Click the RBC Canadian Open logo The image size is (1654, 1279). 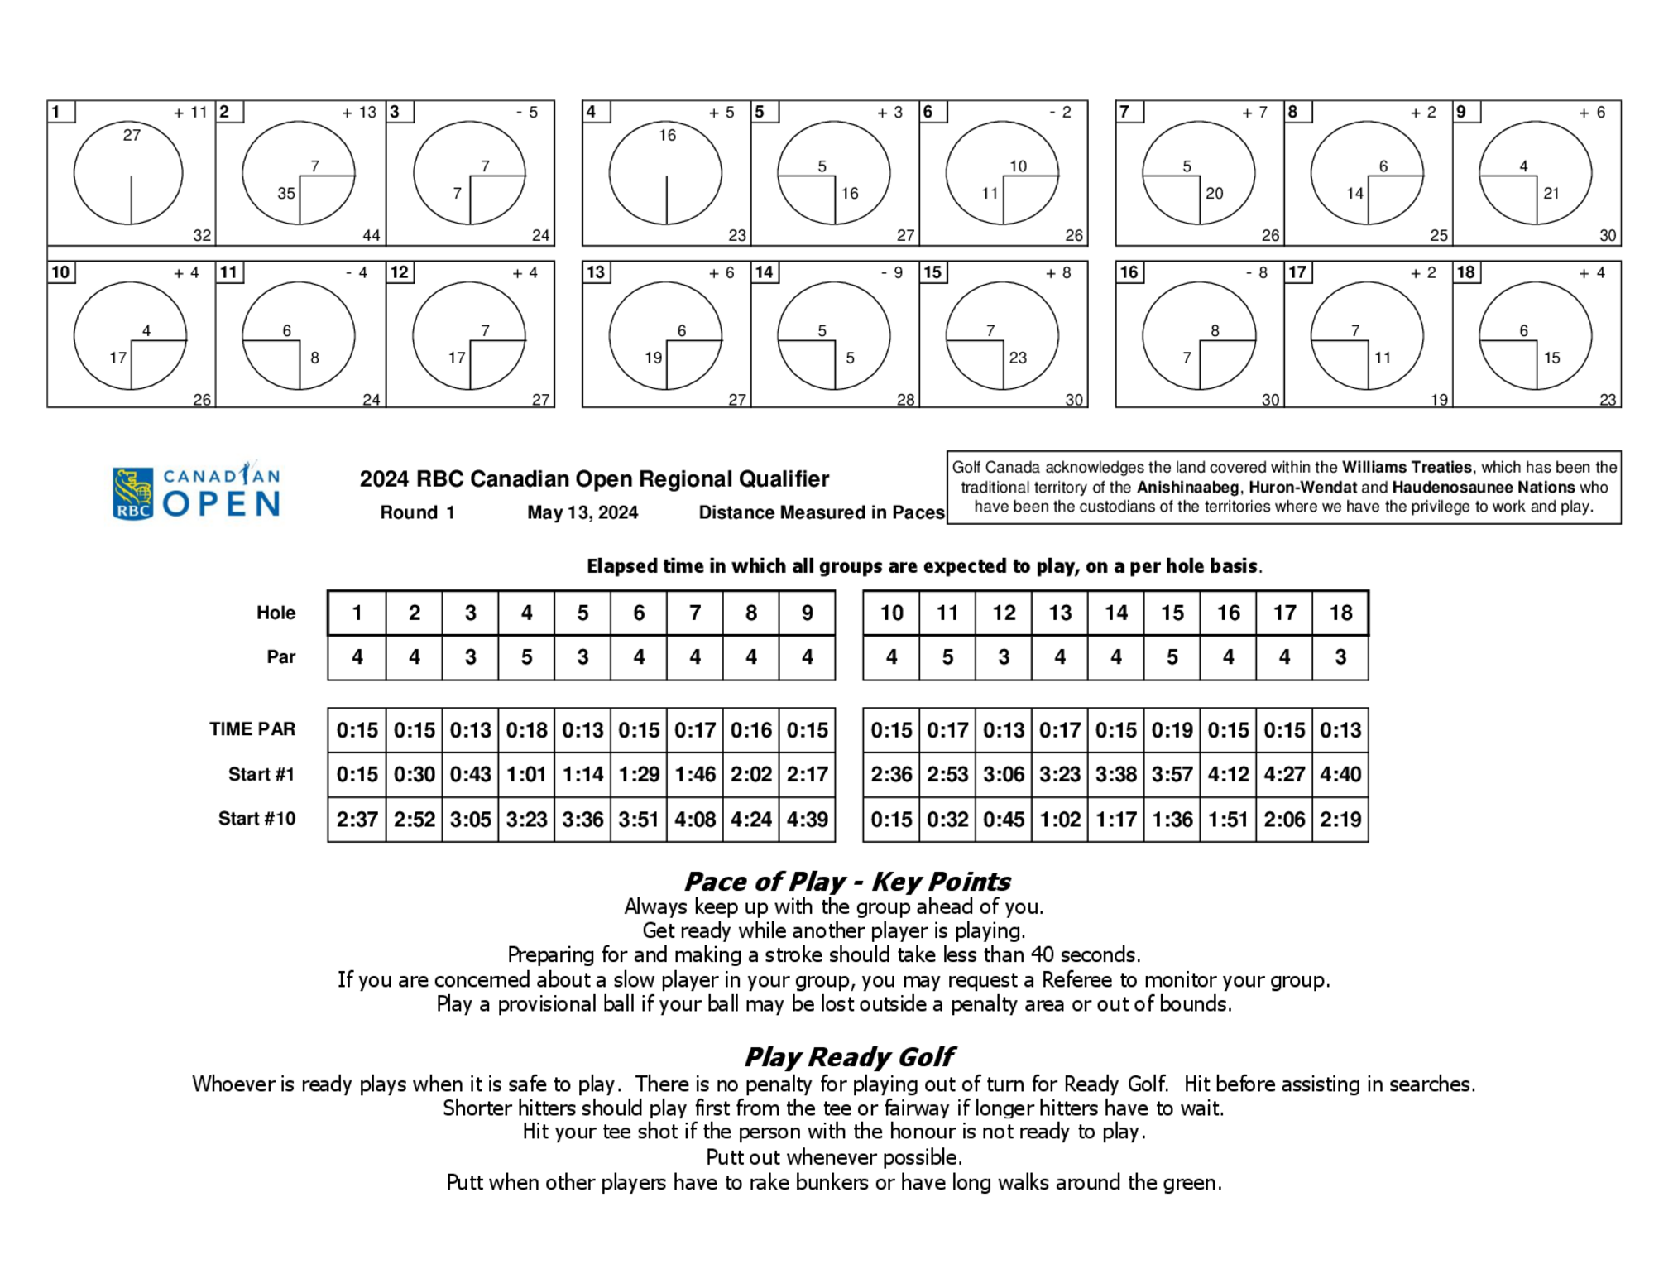[x=196, y=492]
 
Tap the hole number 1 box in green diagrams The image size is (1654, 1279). [x=60, y=112]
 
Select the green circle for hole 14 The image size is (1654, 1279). [x=833, y=335]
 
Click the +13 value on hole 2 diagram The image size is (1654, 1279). [x=359, y=112]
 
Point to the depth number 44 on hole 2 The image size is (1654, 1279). [x=372, y=235]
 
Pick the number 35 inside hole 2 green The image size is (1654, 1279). [x=286, y=193]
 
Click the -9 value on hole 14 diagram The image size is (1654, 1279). [x=892, y=272]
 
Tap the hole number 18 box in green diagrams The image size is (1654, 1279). [x=1465, y=272]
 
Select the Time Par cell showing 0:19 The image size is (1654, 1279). [x=1172, y=730]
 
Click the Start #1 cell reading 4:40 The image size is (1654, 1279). [x=1340, y=774]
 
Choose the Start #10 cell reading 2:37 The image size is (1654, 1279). [x=357, y=819]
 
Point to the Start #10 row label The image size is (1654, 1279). [x=256, y=819]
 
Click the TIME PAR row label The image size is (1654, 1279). [x=252, y=729]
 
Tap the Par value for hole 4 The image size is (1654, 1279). [x=526, y=657]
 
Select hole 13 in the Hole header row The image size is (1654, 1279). [x=1060, y=613]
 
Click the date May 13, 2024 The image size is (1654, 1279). [x=582, y=512]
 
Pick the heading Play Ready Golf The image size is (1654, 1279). [x=849, y=1057]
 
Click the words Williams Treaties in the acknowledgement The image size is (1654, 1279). [x=1407, y=467]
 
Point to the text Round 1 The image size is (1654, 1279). [x=417, y=512]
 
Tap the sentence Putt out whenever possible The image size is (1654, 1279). [x=834, y=1157]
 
